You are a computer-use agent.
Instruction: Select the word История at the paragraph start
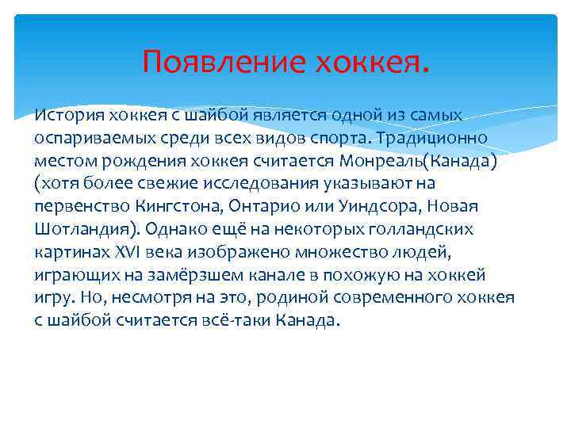(x=62, y=116)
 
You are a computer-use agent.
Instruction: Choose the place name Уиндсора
(x=373, y=206)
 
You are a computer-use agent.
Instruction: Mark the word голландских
(x=433, y=229)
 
